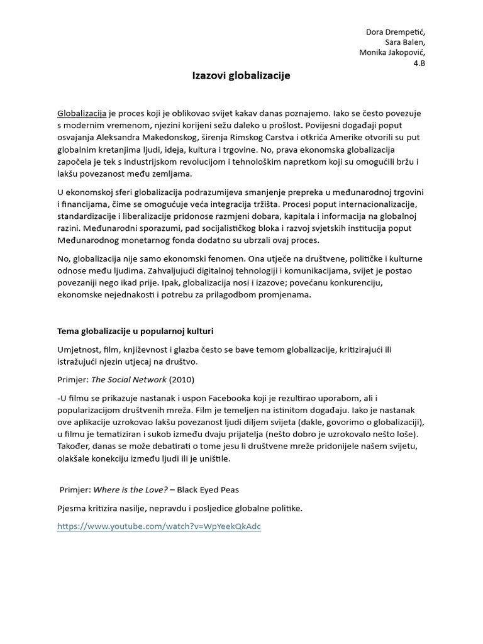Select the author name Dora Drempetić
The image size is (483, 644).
(396, 32)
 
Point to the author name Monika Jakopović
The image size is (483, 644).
(392, 53)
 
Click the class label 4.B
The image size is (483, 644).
(419, 64)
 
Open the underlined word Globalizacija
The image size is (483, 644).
(82, 114)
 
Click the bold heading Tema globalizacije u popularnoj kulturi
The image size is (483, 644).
(139, 331)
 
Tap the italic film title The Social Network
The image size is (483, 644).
(129, 379)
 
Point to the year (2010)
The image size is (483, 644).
(182, 379)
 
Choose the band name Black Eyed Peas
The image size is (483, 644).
(209, 490)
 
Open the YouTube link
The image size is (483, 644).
(158, 526)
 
